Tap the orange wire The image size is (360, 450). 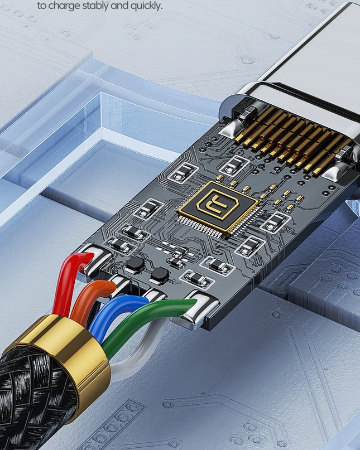click(x=86, y=298)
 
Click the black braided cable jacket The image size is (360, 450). click(x=28, y=402)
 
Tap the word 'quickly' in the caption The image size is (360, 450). click(x=146, y=6)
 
